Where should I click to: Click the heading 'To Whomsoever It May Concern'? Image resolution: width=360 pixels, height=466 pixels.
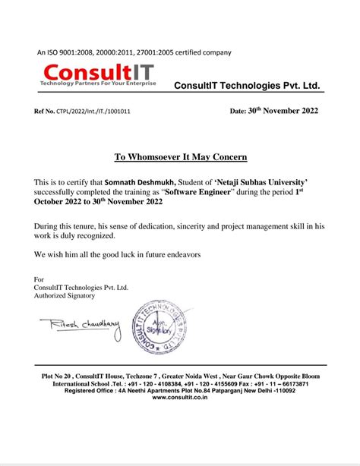181,158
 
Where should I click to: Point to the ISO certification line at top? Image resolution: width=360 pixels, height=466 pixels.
134,52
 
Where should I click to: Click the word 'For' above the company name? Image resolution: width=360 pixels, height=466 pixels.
39,279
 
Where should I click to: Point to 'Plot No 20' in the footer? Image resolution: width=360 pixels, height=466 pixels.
58,376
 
